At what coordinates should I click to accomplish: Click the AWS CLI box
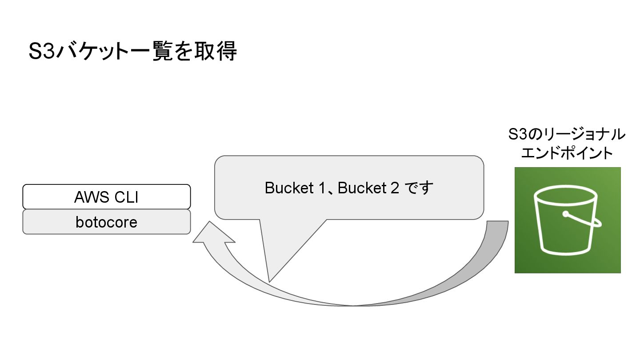coord(107,196)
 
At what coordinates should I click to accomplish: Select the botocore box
coord(107,221)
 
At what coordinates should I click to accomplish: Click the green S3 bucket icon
coord(567,220)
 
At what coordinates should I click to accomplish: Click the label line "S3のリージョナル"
coord(567,134)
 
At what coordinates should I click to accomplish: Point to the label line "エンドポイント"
coord(567,153)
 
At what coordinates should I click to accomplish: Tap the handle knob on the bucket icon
coord(566,214)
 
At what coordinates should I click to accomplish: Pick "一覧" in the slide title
coord(155,52)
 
